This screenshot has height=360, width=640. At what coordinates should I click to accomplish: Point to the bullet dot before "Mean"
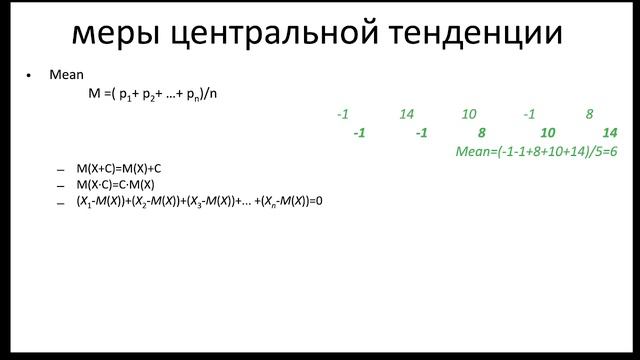click(29, 76)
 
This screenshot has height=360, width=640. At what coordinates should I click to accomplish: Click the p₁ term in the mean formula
click(127, 95)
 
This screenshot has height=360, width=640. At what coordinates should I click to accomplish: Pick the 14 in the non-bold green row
click(406, 115)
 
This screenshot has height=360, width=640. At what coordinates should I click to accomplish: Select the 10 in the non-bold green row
click(469, 115)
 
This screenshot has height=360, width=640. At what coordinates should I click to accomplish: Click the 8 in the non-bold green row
click(590, 115)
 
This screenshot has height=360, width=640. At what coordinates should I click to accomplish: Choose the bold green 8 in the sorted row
click(482, 133)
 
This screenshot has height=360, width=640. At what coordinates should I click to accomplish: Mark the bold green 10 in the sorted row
click(547, 133)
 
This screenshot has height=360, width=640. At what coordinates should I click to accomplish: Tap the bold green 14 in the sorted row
click(610, 133)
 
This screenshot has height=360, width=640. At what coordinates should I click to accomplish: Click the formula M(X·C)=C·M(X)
click(115, 185)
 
